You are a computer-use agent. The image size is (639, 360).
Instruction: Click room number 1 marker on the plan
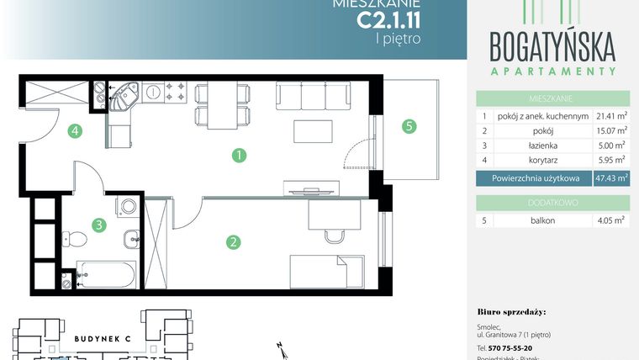(240, 155)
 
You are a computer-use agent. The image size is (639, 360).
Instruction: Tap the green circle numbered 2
(233, 242)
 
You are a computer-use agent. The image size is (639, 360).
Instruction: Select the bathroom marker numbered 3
(98, 225)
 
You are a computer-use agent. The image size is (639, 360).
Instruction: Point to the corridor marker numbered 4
(75, 130)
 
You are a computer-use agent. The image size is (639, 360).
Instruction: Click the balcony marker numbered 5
(409, 127)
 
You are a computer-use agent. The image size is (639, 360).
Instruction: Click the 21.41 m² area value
(611, 116)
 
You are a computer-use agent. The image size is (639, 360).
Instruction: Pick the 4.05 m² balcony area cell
(611, 220)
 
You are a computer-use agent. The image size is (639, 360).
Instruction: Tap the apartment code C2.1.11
(389, 16)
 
